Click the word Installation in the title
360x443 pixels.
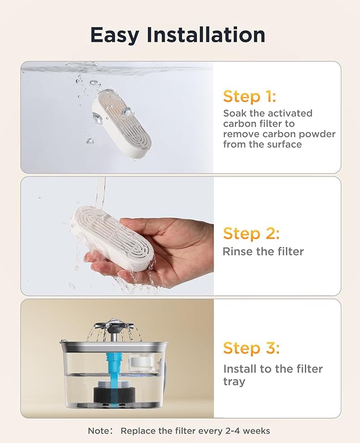coord(206,35)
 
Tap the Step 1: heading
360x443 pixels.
coord(249,96)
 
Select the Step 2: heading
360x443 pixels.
coord(251,233)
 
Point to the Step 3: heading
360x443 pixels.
coord(251,348)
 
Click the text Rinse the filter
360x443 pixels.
coord(263,252)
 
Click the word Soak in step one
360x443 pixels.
coord(234,113)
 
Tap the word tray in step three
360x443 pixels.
coord(234,381)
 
